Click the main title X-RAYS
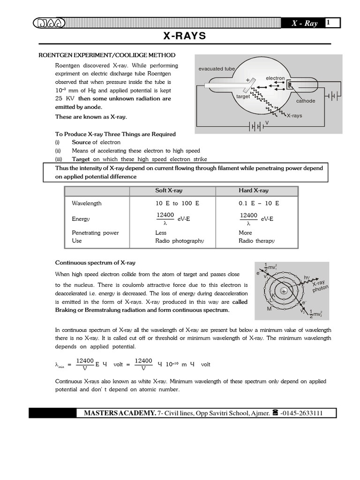[x=180, y=37]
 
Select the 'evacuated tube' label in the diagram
[x=217, y=69]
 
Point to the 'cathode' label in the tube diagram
[x=306, y=101]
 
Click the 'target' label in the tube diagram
[x=243, y=96]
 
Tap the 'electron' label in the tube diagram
[x=275, y=78]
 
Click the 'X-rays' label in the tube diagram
[x=294, y=115]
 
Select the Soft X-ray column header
[x=169, y=191]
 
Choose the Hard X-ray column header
[x=254, y=191]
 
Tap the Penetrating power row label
[x=95, y=232]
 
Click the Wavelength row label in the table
[x=87, y=203]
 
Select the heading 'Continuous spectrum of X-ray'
[x=95, y=262]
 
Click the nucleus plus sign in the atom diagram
[x=284, y=292]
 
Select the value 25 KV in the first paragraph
[x=65, y=98]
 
